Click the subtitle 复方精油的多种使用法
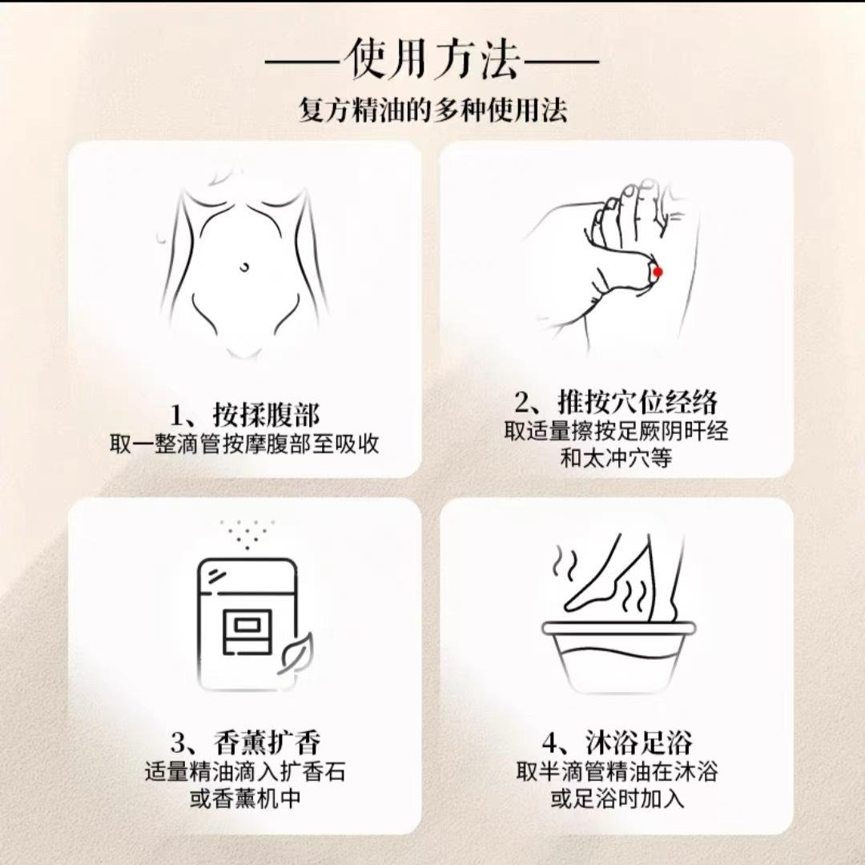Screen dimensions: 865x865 [432, 110]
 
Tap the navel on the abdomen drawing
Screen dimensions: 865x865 [244, 268]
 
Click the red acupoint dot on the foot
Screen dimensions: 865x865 [658, 272]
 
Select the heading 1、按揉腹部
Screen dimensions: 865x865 [244, 415]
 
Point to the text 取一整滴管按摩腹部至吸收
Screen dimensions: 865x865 [243, 444]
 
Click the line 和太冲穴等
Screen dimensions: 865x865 [616, 458]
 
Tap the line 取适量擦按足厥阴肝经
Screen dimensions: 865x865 [616, 431]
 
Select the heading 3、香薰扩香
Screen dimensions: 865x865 [245, 742]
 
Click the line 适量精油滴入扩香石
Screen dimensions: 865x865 [245, 771]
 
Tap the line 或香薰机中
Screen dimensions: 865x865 [245, 799]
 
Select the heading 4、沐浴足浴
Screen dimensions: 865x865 [617, 742]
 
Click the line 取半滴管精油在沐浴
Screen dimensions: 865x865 [617, 771]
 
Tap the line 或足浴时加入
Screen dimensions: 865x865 [617, 799]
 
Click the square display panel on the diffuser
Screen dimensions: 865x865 [247, 631]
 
